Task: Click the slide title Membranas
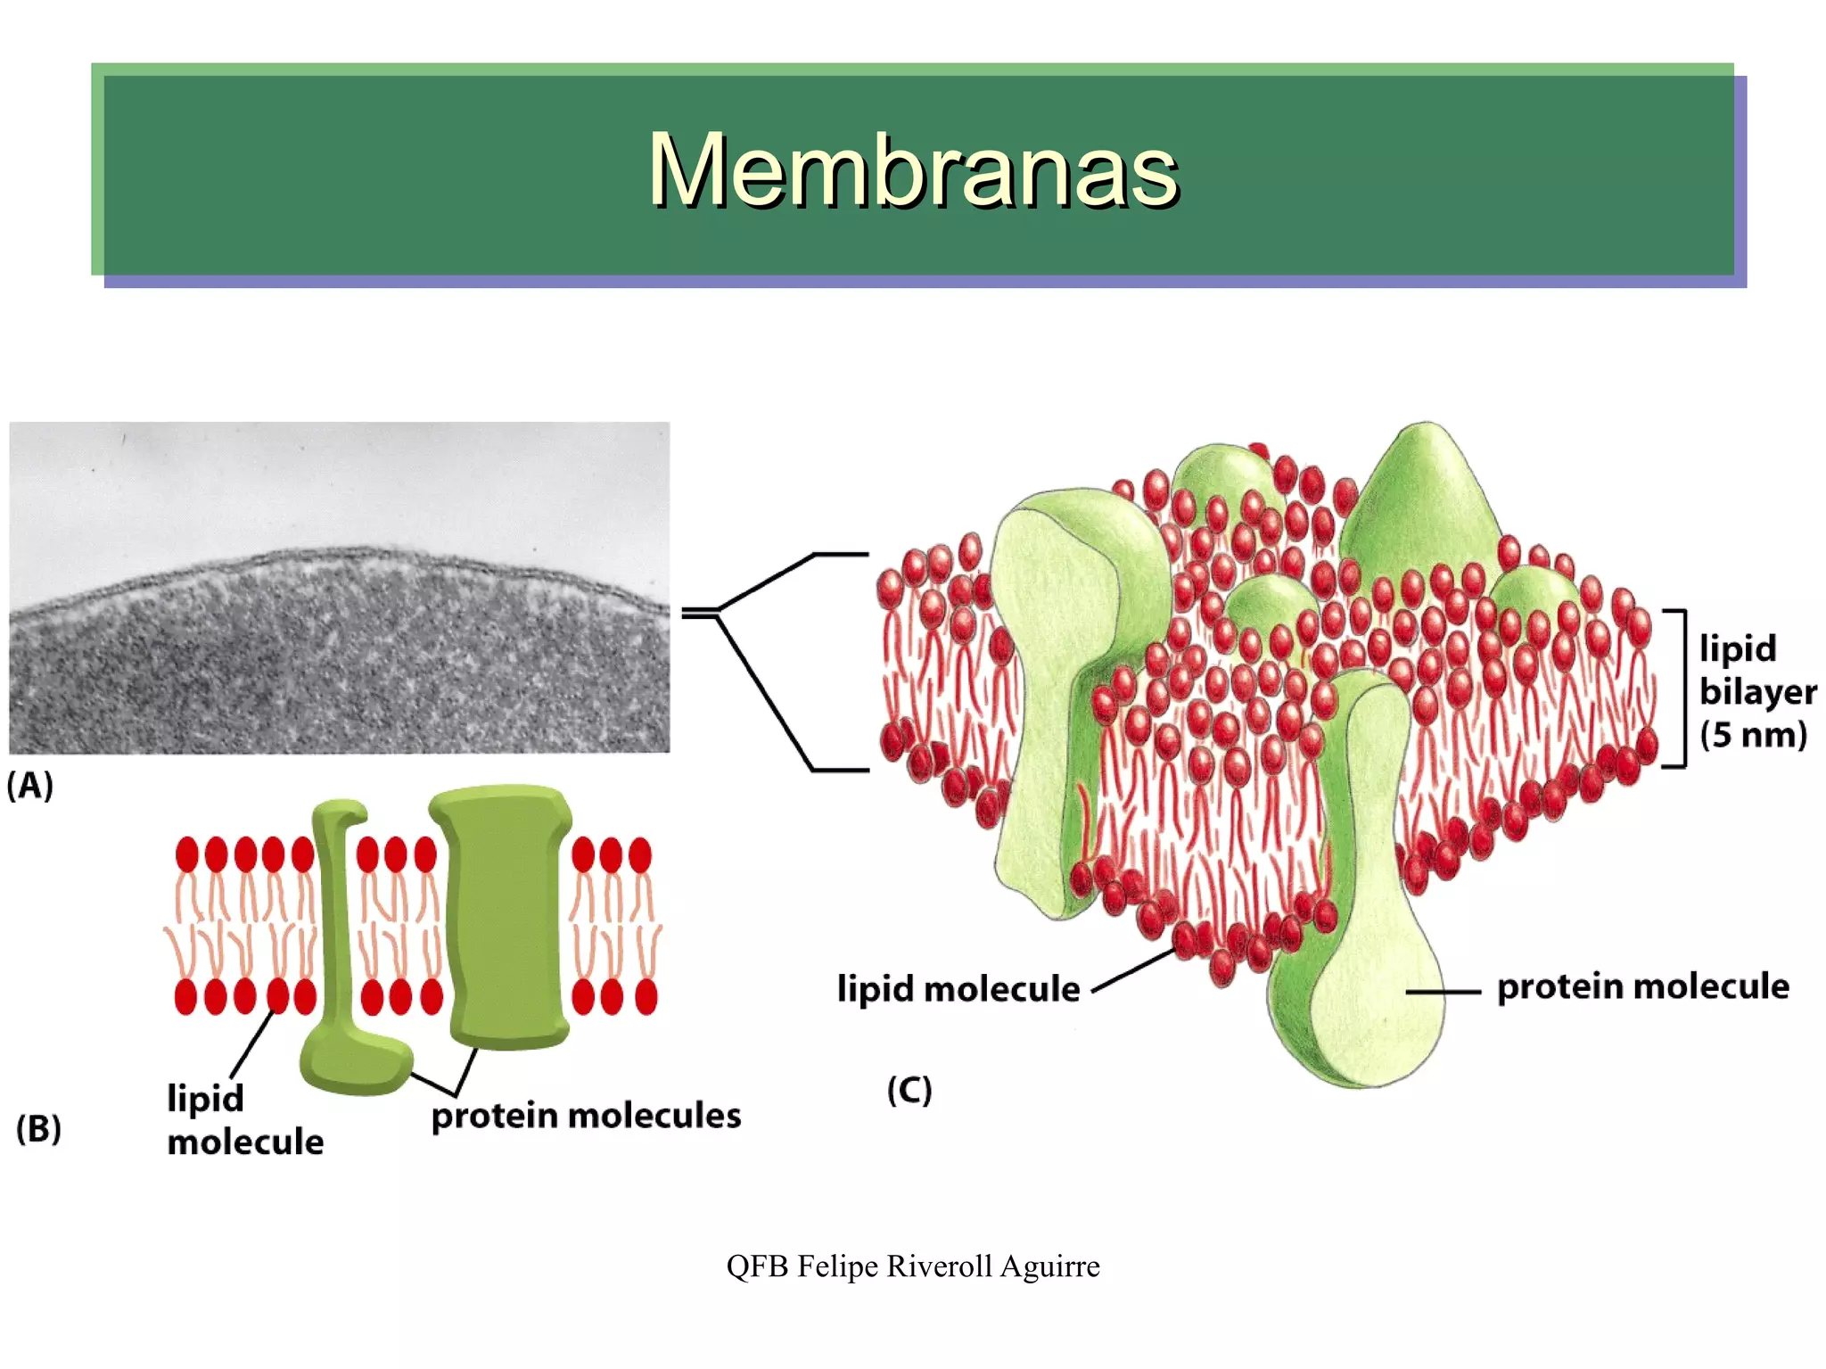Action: tap(912, 169)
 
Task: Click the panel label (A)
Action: tap(30, 785)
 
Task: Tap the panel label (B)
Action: tap(38, 1128)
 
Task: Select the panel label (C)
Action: tap(909, 1090)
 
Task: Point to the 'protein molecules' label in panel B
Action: tap(586, 1116)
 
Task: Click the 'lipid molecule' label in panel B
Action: tap(244, 1120)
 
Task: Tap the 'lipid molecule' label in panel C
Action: tap(958, 989)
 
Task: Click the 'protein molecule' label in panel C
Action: tap(1642, 986)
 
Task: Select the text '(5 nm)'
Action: tap(1753, 735)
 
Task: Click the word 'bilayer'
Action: tap(1757, 692)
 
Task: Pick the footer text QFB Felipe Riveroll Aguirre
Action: tap(912, 1266)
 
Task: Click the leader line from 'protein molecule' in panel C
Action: tap(1443, 992)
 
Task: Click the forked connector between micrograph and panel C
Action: tap(767, 660)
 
